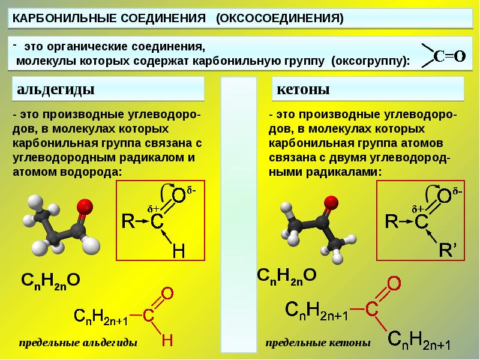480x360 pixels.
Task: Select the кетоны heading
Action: point(304,90)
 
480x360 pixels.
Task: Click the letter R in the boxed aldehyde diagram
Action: point(128,221)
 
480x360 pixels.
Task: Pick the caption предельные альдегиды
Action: point(78,343)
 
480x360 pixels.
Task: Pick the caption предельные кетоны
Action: point(318,343)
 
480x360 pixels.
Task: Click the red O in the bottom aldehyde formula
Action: point(167,293)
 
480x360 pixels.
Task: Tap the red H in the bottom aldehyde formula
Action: point(167,340)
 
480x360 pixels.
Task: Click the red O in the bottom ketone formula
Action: point(394,283)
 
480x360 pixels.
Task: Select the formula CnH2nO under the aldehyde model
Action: point(50,280)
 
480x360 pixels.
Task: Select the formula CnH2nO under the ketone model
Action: point(286,276)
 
